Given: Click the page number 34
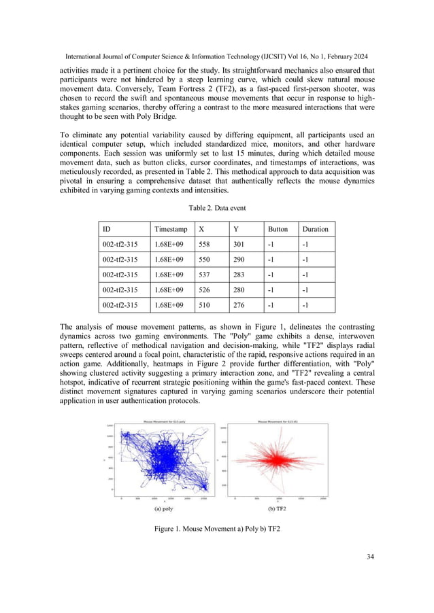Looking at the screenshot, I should coord(369,557).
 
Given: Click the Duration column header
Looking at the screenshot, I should coord(315,229).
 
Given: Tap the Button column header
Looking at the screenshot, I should coord(278,229).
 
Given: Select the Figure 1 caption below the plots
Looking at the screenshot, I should coord(217,529).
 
